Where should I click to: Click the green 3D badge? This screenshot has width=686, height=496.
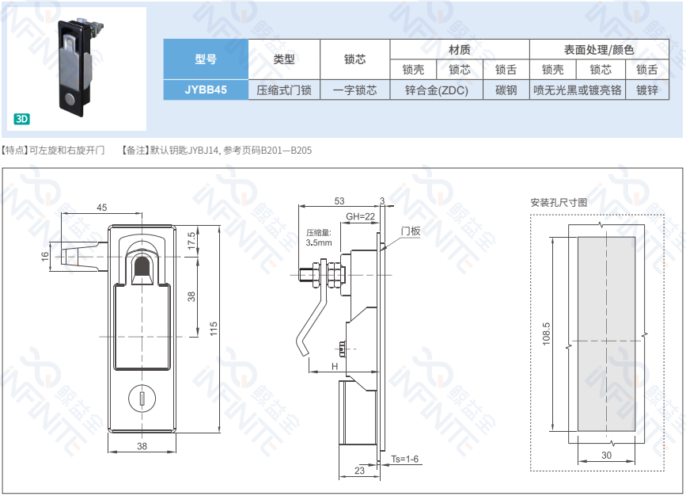click(x=21, y=120)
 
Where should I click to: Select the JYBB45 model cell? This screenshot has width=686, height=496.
click(x=206, y=90)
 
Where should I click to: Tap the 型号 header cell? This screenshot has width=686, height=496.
click(x=206, y=59)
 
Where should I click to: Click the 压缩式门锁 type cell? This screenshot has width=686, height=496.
click(x=284, y=90)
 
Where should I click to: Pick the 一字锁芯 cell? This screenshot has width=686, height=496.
click(x=354, y=90)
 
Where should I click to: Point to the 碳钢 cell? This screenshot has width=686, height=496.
click(x=506, y=90)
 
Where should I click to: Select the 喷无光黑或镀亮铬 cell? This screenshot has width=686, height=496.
click(x=577, y=90)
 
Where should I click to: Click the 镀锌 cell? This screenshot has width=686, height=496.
click(x=646, y=90)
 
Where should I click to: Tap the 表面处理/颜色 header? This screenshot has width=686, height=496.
click(x=599, y=49)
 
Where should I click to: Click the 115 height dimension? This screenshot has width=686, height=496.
click(x=213, y=329)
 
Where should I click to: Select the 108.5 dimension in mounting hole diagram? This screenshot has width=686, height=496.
click(x=546, y=334)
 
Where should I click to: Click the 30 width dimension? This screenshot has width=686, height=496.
click(x=606, y=456)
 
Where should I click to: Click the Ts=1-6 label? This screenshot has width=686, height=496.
click(x=404, y=460)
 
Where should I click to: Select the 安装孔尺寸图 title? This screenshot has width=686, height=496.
click(x=559, y=202)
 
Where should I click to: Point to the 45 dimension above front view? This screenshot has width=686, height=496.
click(x=102, y=208)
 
